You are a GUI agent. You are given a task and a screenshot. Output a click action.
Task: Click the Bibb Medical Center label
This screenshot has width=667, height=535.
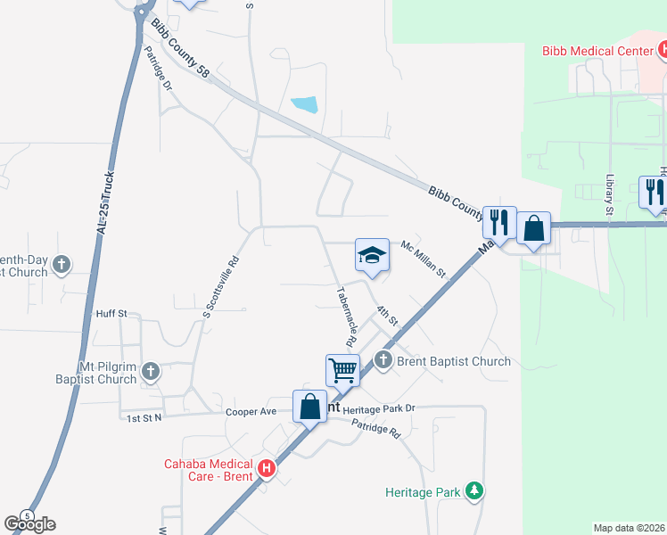tap(598, 51)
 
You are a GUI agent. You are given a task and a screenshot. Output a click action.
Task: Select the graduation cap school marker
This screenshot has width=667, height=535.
tap(372, 256)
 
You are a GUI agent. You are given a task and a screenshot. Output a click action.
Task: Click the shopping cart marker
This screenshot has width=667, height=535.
tap(342, 368)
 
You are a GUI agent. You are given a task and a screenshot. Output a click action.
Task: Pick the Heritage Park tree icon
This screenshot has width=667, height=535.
tap(475, 491)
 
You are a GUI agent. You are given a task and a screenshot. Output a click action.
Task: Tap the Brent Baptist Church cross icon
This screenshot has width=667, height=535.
tap(383, 360)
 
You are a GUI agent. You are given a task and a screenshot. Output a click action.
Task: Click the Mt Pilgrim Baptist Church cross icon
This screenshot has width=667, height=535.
tap(151, 371)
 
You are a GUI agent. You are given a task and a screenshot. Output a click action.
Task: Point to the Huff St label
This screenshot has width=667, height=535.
tap(112, 314)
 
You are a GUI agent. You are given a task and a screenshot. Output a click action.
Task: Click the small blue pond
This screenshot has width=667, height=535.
tap(304, 104)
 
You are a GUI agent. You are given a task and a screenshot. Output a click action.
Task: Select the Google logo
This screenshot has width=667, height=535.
tap(30, 524)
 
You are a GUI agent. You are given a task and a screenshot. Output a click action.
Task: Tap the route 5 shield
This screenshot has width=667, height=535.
tap(28, 516)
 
